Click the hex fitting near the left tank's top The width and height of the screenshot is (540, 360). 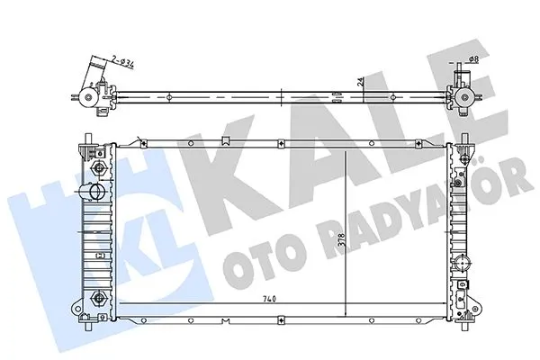click(x=96, y=169)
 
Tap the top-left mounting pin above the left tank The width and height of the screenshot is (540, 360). click(x=87, y=142)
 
